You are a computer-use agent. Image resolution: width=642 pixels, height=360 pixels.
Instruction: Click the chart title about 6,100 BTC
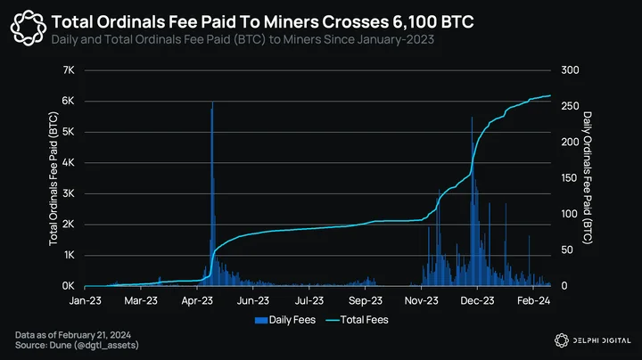click(x=262, y=21)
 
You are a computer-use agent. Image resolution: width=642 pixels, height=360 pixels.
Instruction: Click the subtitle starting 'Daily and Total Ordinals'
click(x=243, y=39)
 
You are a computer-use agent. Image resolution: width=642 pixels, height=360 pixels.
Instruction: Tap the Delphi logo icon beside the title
click(x=29, y=28)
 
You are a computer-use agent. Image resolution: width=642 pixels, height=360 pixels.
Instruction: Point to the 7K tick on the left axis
click(x=69, y=70)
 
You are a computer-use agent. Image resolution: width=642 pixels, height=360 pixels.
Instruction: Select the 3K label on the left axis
click(x=69, y=193)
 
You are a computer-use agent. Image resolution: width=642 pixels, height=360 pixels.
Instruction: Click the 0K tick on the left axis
click(x=69, y=286)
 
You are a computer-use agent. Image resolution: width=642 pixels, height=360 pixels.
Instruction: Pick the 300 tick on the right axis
click(x=570, y=70)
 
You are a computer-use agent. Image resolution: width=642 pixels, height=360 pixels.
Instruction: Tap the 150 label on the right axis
click(x=570, y=178)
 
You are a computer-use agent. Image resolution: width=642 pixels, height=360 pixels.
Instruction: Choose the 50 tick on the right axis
click(x=567, y=250)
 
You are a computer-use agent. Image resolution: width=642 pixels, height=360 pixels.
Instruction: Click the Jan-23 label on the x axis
click(x=86, y=300)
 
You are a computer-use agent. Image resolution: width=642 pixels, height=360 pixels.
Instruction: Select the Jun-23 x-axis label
click(x=253, y=300)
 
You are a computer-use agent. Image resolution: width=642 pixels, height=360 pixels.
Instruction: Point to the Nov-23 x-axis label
click(x=421, y=300)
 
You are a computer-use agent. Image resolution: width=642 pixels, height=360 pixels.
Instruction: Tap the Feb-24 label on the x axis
click(x=533, y=300)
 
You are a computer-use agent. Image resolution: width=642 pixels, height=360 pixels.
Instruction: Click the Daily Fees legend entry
click(x=285, y=320)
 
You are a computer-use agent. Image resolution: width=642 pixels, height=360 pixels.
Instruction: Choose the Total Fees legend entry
click(x=357, y=320)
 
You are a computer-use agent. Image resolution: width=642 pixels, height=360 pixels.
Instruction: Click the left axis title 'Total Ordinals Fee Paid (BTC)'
click(x=53, y=179)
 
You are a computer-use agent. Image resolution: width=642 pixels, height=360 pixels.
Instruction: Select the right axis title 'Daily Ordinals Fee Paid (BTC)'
click(x=588, y=178)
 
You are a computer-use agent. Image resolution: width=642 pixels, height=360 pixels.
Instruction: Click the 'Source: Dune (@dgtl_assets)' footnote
click(x=77, y=345)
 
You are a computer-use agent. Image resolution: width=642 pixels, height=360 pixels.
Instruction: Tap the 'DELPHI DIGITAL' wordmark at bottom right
click(x=602, y=340)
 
